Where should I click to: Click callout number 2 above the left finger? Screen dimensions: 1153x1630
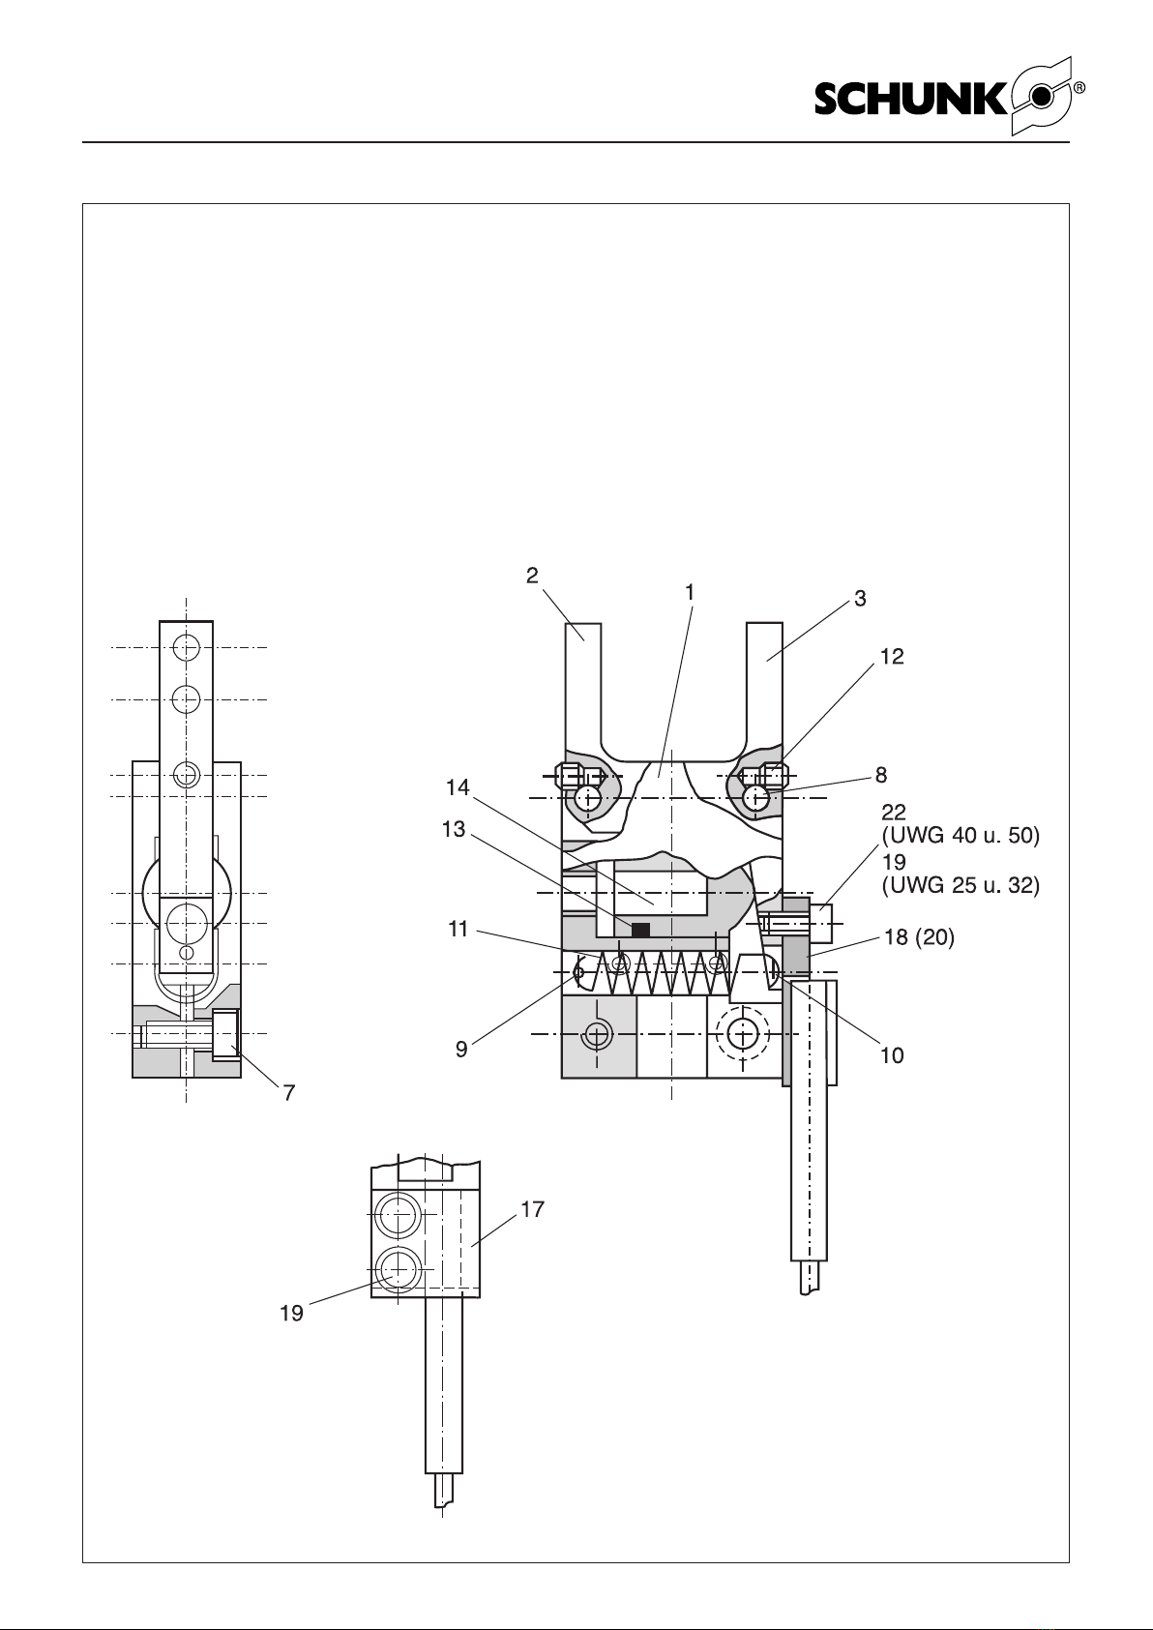pos(533,576)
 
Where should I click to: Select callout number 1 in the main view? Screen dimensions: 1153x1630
pos(690,593)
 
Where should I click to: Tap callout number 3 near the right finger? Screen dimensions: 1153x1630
pos(861,599)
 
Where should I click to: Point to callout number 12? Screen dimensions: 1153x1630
pos(892,657)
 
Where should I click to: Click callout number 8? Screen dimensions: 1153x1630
pos(881,776)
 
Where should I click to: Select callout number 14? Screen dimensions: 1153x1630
pos(458,787)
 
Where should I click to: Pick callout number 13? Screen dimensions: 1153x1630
pos(454,830)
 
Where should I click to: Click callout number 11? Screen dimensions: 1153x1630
pos(458,930)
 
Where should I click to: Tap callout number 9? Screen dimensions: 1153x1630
pos(461,1050)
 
